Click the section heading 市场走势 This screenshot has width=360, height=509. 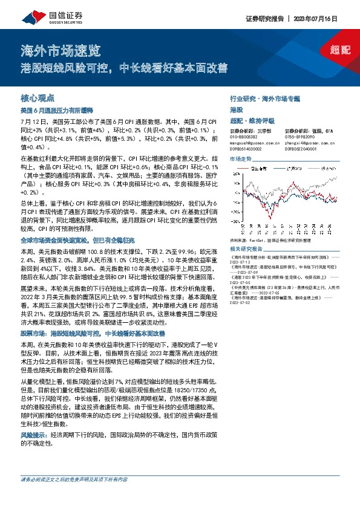(x=240, y=158)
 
